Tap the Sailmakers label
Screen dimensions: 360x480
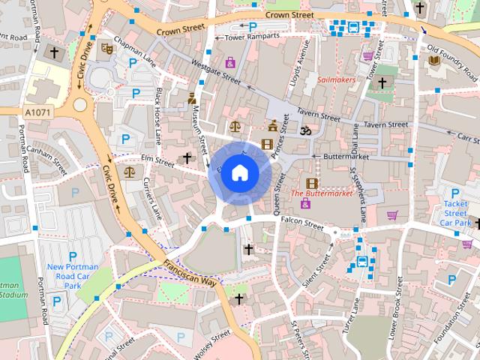pyautogui.click(x=337, y=78)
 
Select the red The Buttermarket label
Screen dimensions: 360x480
pyautogui.click(x=321, y=193)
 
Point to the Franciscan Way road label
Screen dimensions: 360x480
pyautogui.click(x=190, y=272)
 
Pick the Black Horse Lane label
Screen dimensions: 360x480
pyautogui.click(x=159, y=116)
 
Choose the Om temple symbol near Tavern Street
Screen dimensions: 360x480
pyautogui.click(x=304, y=130)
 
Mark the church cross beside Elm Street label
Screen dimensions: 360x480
pyautogui.click(x=187, y=158)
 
